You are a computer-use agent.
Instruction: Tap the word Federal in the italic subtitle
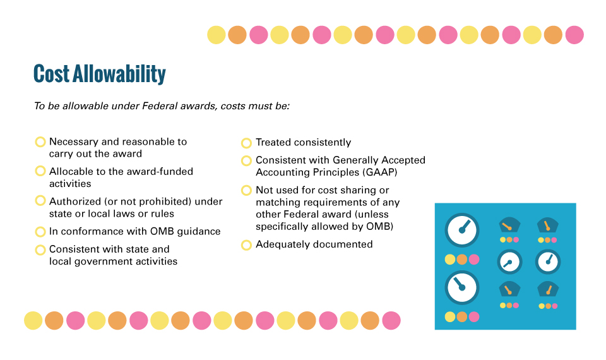(x=157, y=106)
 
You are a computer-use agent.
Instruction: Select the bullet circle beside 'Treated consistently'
(x=246, y=143)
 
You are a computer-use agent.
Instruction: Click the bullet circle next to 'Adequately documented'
(x=246, y=245)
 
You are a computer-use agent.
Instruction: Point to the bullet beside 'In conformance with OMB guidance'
(x=40, y=232)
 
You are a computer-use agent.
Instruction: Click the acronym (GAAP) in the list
(x=379, y=172)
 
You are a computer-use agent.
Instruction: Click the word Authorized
(x=74, y=201)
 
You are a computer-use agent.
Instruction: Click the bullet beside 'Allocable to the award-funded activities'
(x=40, y=171)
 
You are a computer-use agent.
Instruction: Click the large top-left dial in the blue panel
(x=462, y=230)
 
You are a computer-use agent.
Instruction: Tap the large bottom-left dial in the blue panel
(x=462, y=288)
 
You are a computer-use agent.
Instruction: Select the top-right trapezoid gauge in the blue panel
(x=548, y=225)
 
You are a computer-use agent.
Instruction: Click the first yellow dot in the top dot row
(x=217, y=35)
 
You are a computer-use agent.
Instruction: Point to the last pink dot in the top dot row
(x=574, y=35)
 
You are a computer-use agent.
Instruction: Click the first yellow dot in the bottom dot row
(x=33, y=321)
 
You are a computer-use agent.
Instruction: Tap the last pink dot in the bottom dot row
(x=391, y=321)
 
